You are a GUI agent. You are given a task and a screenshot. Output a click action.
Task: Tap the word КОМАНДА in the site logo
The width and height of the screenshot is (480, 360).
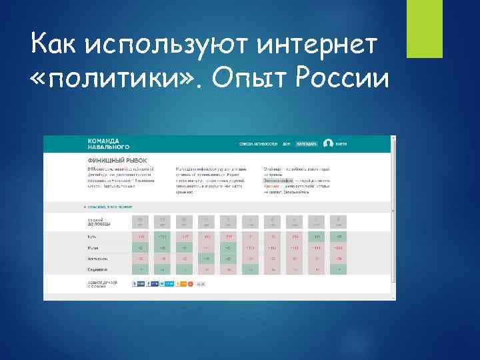pos(103,141)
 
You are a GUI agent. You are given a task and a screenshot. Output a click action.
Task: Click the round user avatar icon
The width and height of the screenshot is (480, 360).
pos(328,143)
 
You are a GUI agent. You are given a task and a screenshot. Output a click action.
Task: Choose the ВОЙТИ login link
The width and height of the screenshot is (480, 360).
pos(342,143)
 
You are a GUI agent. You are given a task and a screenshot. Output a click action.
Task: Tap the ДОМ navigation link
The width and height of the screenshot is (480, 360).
pos(286,143)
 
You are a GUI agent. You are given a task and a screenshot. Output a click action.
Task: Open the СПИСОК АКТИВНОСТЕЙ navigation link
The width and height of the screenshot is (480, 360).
pos(258,143)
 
